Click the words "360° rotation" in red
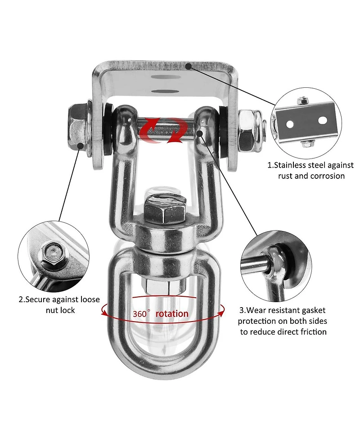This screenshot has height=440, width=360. coord(161,313)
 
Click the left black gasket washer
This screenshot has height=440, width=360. coord(108,129)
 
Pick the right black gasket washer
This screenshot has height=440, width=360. coord(224,132)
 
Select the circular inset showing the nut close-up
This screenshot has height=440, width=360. coord(54,257)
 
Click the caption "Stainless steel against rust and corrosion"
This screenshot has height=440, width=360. coord(310,170)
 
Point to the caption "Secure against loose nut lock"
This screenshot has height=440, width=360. coord(59,305)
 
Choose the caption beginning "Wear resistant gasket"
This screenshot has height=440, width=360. coord(282,321)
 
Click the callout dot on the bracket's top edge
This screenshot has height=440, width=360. coord(189,66)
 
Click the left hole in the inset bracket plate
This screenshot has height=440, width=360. coord(290,124)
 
